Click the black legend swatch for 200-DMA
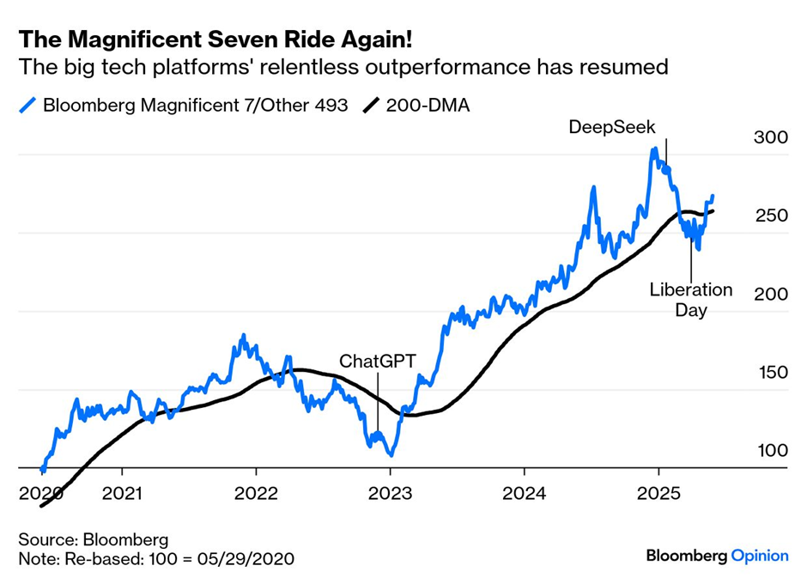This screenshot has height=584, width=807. [x=370, y=106]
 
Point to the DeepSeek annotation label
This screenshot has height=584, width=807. [x=612, y=127]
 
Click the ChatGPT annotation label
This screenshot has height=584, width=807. [x=377, y=361]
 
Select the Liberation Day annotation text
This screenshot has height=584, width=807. [x=690, y=300]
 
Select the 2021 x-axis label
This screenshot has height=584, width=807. [x=123, y=495]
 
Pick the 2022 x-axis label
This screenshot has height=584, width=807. [x=257, y=495]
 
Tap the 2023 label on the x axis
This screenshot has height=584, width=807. [x=391, y=495]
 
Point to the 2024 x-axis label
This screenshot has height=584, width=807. [x=525, y=495]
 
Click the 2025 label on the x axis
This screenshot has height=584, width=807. [x=658, y=495]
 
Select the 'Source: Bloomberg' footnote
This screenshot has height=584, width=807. [x=94, y=540]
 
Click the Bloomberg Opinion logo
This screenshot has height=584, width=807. [x=717, y=556]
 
